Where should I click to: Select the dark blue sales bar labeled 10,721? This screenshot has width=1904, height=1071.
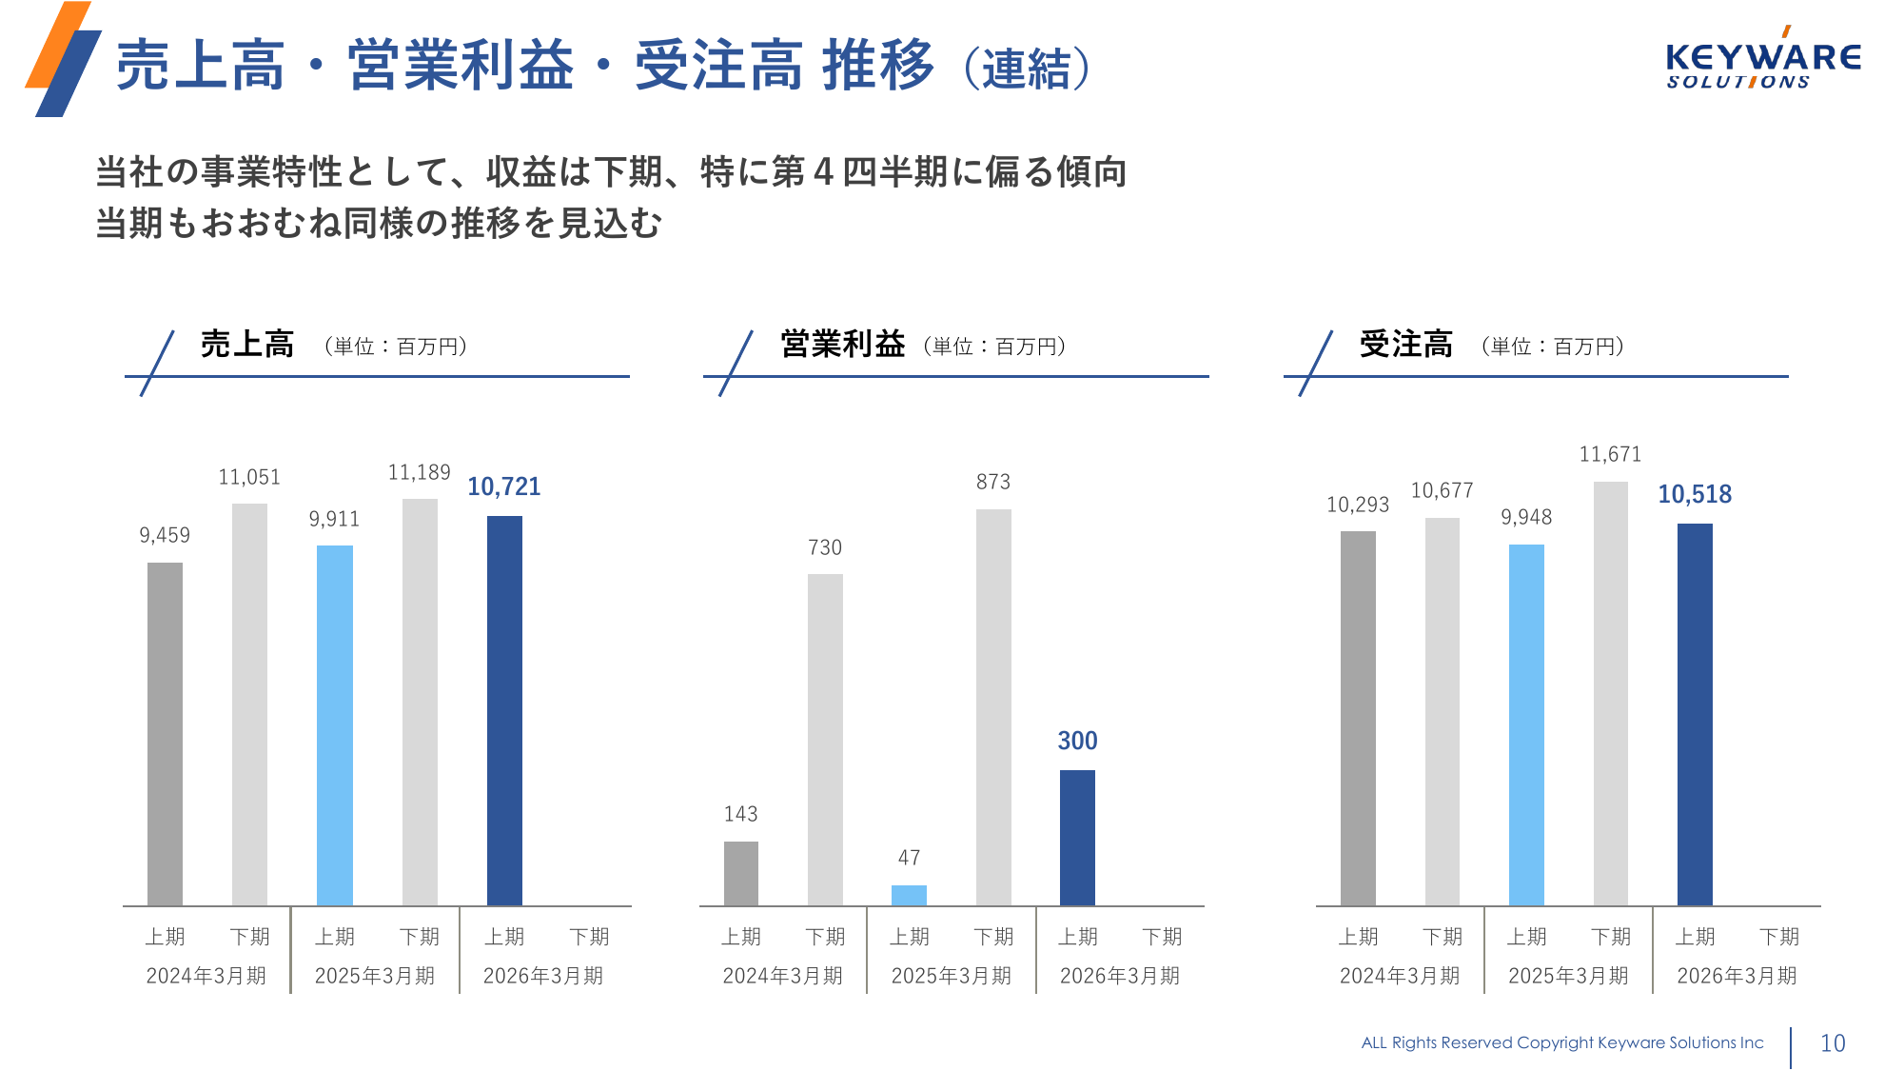tap(504, 710)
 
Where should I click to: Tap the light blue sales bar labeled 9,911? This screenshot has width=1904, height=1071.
tap(334, 724)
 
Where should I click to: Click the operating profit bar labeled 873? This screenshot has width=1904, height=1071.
tap(993, 706)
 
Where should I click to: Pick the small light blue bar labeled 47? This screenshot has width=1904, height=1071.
tap(909, 895)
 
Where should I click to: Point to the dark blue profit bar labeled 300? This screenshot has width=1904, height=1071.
tap(1077, 837)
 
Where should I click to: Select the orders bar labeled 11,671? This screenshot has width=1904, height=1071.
tap(1610, 693)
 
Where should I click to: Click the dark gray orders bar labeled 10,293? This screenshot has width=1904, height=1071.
tap(1358, 718)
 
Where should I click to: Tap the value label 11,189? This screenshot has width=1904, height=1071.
tap(419, 473)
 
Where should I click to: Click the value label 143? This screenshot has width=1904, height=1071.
tap(740, 814)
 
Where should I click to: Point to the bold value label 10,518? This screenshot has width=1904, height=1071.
tap(1695, 494)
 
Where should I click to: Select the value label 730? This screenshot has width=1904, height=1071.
tap(825, 547)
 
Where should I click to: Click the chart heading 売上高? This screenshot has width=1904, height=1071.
tap(247, 345)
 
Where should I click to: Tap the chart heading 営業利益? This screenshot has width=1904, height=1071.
tap(842, 345)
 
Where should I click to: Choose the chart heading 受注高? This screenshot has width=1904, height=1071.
tap(1405, 345)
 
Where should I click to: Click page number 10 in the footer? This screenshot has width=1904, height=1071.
tap(1833, 1043)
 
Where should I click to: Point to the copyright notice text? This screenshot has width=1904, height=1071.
tap(1561, 1043)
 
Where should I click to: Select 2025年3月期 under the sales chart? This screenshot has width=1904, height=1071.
tap(375, 976)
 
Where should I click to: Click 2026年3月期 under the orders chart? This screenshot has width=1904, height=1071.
tap(1737, 976)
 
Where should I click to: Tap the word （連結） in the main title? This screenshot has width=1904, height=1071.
tap(1027, 69)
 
